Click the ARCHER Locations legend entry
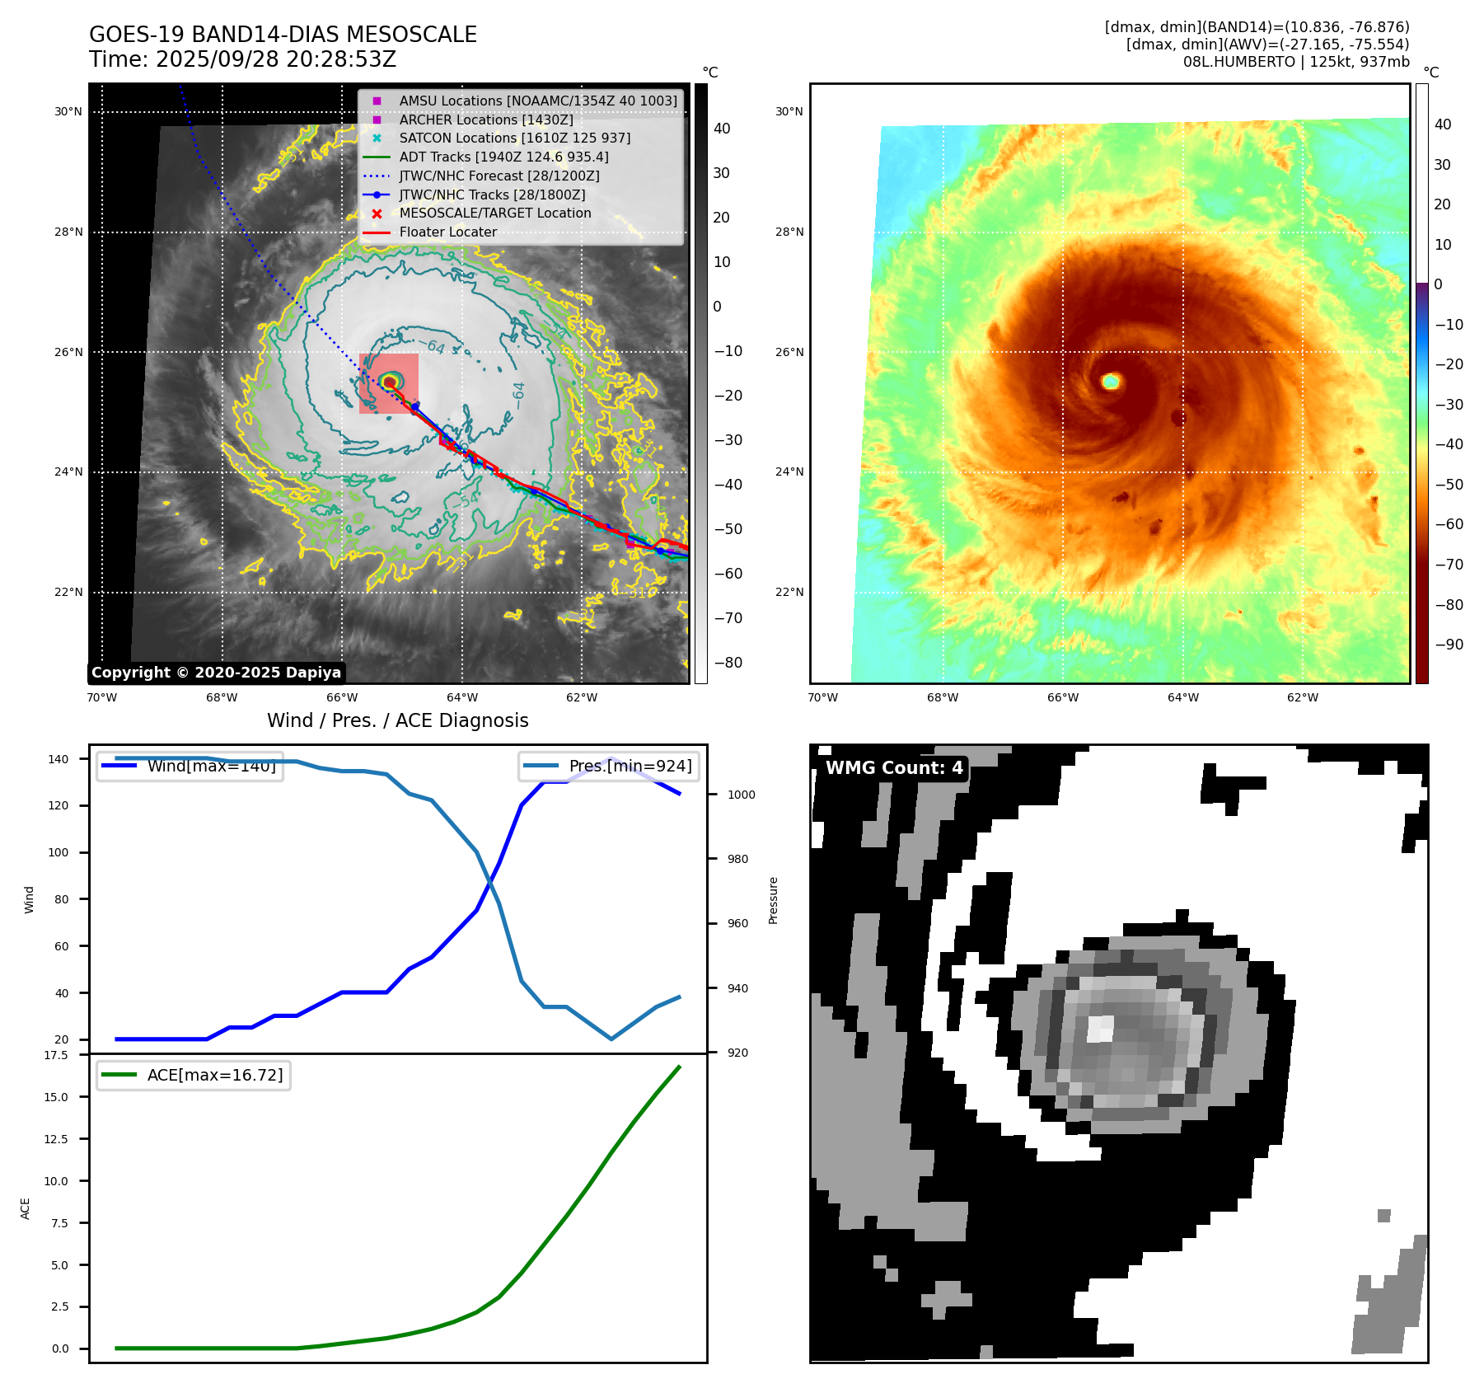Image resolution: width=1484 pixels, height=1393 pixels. point(486,120)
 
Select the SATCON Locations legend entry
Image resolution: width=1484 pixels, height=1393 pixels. point(514,138)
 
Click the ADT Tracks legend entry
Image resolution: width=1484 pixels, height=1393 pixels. point(503,157)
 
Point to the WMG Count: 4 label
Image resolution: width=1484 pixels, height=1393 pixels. point(894,768)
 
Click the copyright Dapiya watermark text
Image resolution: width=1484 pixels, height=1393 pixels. point(216,673)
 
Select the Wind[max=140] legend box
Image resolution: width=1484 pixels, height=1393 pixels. point(190,767)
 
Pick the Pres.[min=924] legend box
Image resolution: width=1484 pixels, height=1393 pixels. point(609,767)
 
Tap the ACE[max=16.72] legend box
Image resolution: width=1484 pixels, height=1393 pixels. point(194,1075)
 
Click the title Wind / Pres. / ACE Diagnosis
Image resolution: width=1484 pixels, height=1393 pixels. point(397,720)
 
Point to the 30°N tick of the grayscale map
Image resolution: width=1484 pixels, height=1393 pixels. point(68,112)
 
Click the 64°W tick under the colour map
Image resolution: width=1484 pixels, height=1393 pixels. point(1182,697)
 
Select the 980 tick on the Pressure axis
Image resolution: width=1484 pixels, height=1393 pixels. point(737,859)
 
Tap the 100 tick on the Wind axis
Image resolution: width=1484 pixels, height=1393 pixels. point(59,852)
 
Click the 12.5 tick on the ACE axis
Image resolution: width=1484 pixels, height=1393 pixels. point(56,1139)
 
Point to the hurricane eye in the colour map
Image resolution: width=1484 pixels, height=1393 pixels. point(1111,381)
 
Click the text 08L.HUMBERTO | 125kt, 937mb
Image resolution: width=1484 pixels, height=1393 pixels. point(1295,62)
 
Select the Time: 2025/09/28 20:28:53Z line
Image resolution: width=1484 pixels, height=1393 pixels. point(242,59)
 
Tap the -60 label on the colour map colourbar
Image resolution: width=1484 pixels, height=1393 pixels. point(1449,524)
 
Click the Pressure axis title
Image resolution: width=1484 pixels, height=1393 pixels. point(773,900)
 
